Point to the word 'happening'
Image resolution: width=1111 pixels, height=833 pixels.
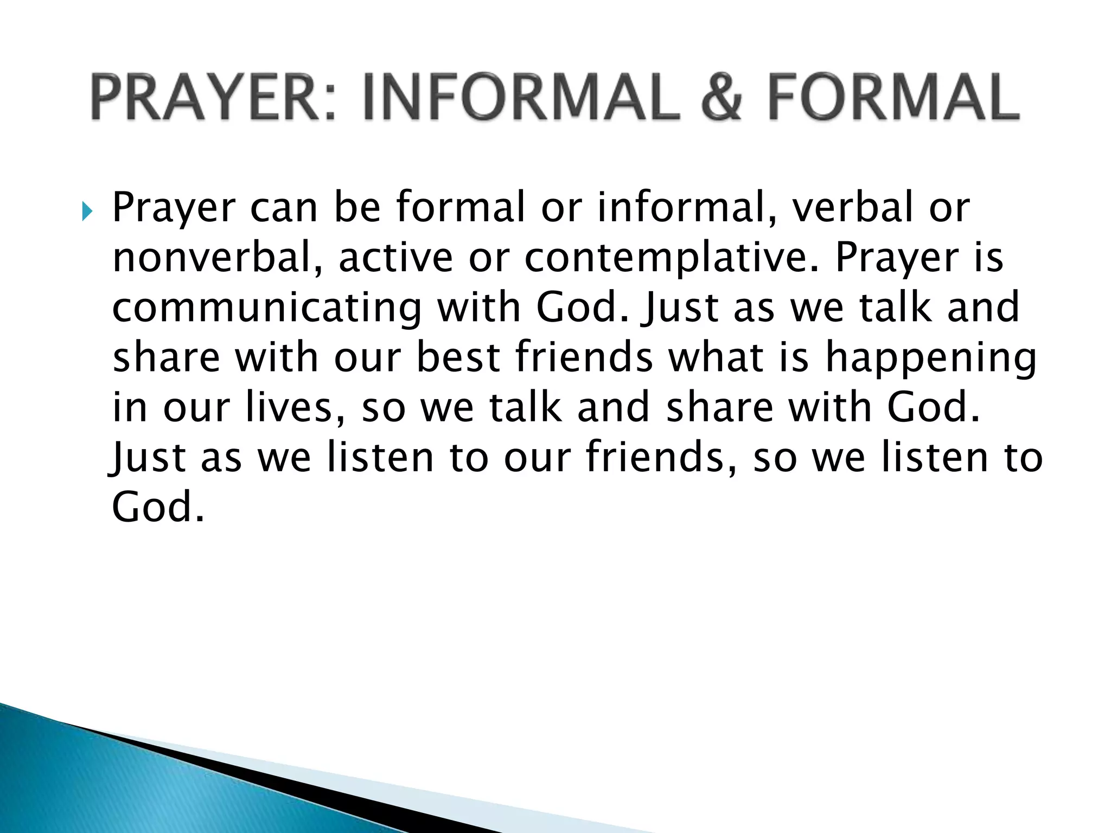click(x=931, y=358)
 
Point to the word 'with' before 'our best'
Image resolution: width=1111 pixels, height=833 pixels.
click(x=277, y=358)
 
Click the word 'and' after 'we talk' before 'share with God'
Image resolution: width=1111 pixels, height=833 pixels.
click(x=613, y=407)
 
